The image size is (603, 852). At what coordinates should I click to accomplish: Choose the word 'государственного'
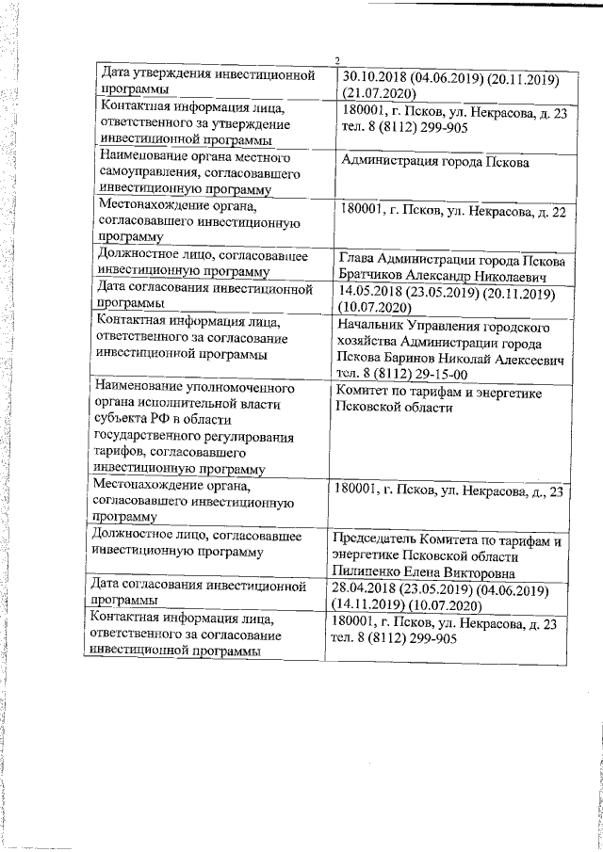156,438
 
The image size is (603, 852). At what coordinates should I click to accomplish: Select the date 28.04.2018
368,590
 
